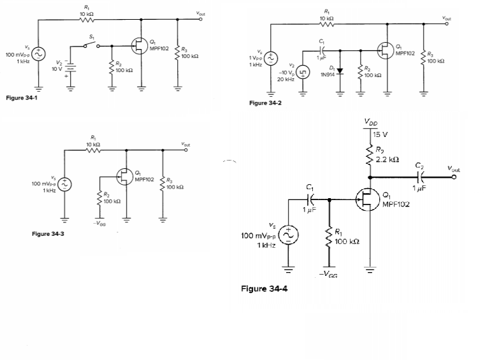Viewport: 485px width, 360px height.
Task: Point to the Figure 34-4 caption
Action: tap(264, 289)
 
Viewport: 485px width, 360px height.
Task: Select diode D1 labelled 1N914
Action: tap(340, 69)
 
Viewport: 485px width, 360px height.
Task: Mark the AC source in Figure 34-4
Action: tap(288, 236)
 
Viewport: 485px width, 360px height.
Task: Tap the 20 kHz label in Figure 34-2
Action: tap(286, 80)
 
